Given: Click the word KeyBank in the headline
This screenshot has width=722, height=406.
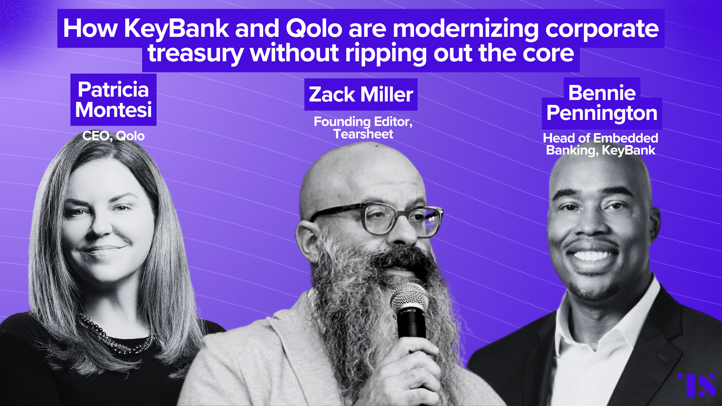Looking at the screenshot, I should [x=176, y=29].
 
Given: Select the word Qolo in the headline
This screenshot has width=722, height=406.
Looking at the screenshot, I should [x=314, y=29].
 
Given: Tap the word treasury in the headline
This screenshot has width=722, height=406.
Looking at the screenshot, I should [x=196, y=53].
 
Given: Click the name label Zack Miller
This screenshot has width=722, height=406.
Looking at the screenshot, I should [x=361, y=94].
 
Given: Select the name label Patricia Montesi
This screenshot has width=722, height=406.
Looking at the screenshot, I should [x=113, y=100].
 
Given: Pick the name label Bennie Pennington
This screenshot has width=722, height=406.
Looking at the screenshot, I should [x=602, y=103].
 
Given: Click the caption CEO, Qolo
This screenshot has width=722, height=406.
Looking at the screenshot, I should [x=113, y=136].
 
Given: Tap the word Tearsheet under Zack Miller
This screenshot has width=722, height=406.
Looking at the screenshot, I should [x=363, y=134].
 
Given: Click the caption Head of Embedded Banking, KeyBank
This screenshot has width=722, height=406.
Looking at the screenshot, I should [x=601, y=144].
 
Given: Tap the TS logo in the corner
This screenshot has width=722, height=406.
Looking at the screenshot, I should [x=697, y=385].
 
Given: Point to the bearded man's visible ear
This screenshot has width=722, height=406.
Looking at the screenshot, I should [x=305, y=241].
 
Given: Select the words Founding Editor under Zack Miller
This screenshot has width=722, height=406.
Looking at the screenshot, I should [x=363, y=122].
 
